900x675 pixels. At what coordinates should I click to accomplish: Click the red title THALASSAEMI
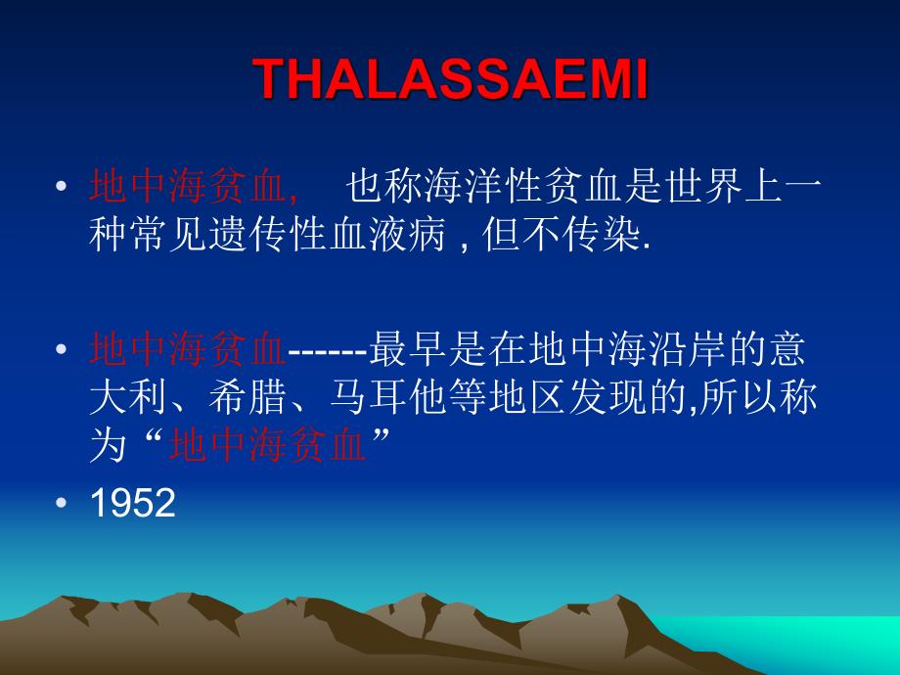(x=451, y=80)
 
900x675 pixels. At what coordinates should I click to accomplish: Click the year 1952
(x=132, y=503)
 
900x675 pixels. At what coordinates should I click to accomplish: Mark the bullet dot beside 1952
(x=62, y=503)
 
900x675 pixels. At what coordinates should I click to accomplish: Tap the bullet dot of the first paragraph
(x=62, y=187)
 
